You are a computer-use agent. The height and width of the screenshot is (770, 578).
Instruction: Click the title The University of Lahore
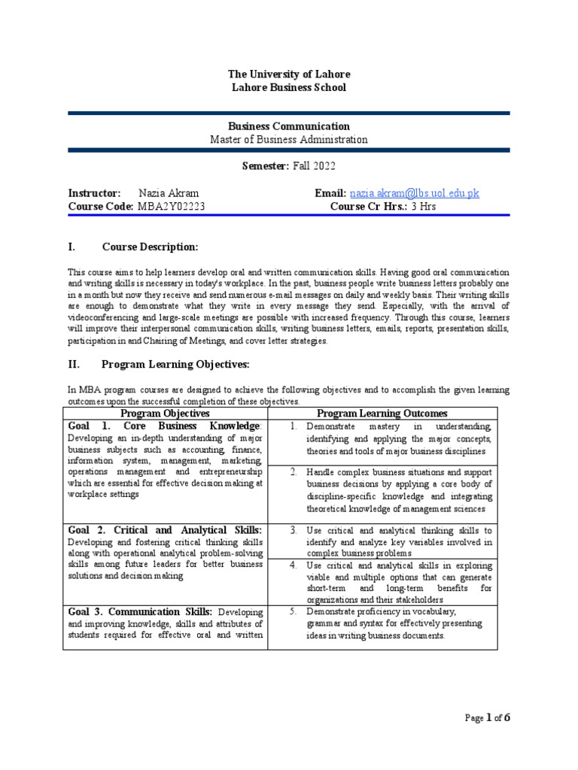(289, 74)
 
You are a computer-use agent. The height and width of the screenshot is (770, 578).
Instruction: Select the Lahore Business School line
(289, 87)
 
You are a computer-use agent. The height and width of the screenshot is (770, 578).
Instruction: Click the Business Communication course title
(289, 126)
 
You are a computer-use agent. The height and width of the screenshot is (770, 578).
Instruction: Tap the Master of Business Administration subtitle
(289, 139)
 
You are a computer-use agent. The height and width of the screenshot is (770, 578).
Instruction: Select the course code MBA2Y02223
(171, 206)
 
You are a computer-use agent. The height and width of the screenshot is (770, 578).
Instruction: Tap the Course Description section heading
(150, 247)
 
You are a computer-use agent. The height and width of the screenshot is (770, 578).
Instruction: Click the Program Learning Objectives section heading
(175, 364)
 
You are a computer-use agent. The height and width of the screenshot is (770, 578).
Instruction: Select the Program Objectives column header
(166, 414)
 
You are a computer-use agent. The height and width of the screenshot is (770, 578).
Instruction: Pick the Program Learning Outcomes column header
(382, 414)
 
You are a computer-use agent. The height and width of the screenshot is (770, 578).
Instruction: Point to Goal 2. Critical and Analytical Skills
(165, 530)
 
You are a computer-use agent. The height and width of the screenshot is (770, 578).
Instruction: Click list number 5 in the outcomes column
(294, 611)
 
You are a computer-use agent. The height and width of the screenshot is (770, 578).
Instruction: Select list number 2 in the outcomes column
(294, 471)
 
